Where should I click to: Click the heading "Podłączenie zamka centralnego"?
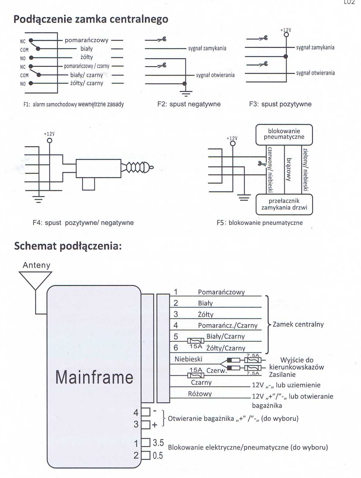pos(91,19)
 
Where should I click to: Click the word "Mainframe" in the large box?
pos(94,377)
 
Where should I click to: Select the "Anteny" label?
pos(36,265)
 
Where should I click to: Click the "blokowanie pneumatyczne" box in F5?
pos(284,134)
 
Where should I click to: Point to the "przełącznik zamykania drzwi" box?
pos(284,204)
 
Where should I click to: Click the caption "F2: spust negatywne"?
pos(189,104)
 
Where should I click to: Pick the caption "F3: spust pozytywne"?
pos(280,104)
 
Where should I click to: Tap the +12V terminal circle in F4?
pos(49,140)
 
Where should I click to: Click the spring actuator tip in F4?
pos(151,167)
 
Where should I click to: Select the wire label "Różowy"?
pos(200,394)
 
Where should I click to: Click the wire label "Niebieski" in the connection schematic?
pos(188,359)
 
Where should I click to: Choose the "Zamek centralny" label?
pos(298,324)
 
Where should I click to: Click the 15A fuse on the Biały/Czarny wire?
pos(196,341)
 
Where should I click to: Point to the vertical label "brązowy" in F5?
pos(288,169)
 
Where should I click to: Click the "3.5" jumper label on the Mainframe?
pos(158,442)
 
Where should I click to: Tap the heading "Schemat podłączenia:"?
pos(68,246)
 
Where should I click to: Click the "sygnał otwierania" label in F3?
pos(315,73)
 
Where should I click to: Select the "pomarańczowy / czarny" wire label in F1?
pos(86,66)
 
